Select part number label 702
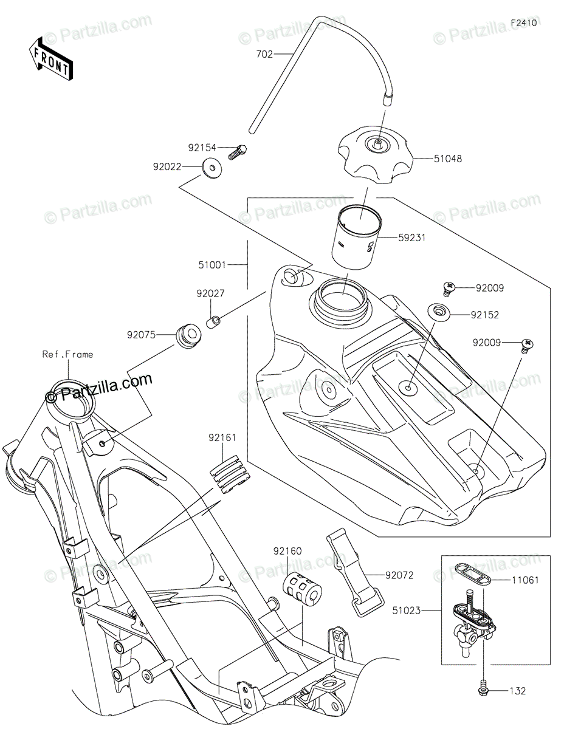tap(264, 54)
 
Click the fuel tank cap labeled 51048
tap(376, 155)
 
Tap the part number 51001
tap(212, 265)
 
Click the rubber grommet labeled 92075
tap(189, 336)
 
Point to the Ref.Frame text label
tap(68, 354)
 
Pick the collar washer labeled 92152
tap(439, 312)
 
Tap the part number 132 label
tap(518, 691)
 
